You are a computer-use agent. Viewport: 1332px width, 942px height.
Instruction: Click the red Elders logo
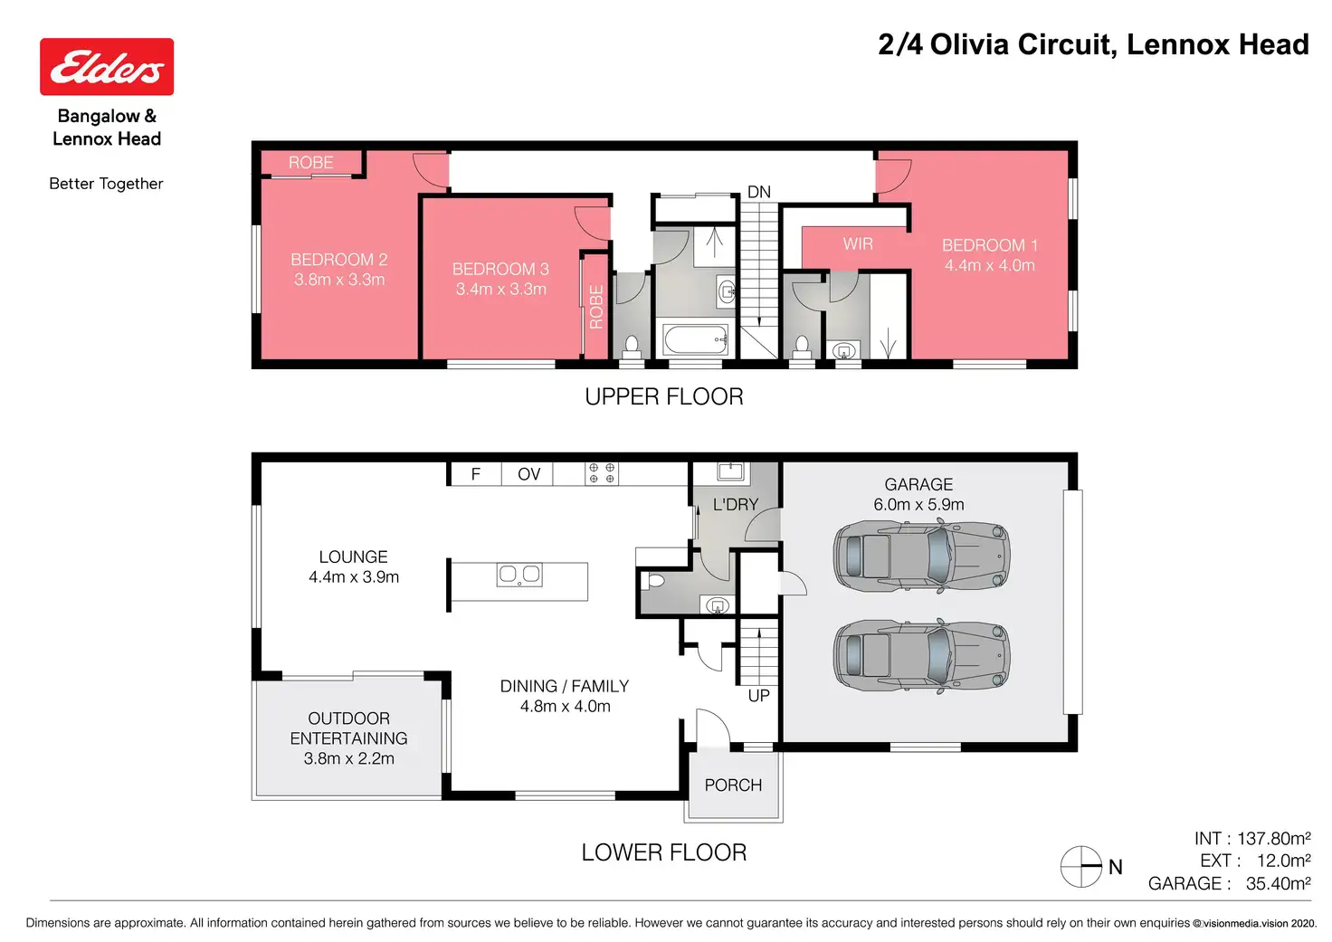pos(107,67)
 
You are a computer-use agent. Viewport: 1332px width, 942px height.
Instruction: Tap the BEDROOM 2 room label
pos(339,260)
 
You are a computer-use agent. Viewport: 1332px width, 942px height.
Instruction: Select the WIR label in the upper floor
pos(858,243)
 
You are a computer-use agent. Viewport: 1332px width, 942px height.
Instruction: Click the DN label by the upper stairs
pos(759,192)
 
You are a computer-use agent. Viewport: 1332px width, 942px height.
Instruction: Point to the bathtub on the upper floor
pos(696,339)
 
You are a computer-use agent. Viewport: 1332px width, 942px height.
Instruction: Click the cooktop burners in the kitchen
pos(602,473)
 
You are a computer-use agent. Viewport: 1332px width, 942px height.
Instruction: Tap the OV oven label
pos(528,474)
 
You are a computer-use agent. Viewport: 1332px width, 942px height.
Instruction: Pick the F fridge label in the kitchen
pos(476,474)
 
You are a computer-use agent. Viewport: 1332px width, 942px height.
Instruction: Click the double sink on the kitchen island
pos(519,575)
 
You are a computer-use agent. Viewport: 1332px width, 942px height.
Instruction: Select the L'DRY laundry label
pos(736,504)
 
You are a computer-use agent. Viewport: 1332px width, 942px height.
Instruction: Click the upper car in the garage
pos(921,557)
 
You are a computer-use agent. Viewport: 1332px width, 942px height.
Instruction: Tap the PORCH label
pos(733,785)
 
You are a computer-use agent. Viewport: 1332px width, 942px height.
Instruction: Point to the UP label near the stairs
pos(759,696)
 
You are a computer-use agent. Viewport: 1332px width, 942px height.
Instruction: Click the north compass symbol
pos(1081,867)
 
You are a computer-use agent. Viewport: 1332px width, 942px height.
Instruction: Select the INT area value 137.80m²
pos(1274,839)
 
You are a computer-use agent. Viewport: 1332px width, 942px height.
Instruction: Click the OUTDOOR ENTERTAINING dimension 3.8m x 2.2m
pos(349,758)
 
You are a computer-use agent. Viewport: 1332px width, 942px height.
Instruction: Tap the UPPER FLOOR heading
pos(664,396)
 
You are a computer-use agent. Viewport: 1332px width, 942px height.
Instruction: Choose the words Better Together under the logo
pos(106,184)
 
